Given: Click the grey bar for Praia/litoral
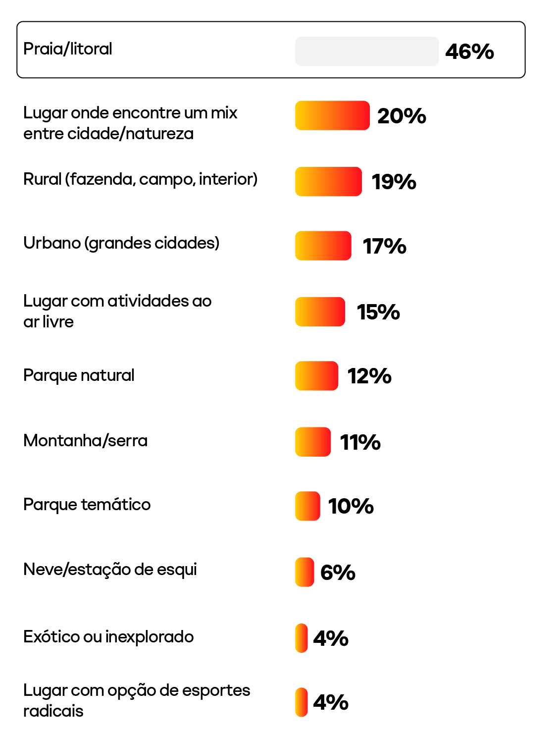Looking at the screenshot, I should [x=367, y=51].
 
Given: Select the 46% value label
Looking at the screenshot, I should [x=469, y=52].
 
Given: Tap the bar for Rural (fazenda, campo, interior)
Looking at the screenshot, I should [x=328, y=181].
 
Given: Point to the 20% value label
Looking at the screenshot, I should [x=402, y=116].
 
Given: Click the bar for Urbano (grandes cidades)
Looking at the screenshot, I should [x=323, y=246].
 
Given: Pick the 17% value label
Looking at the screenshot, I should [x=384, y=246].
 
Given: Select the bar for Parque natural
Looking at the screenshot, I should [x=316, y=376].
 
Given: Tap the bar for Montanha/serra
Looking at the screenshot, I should [x=312, y=442].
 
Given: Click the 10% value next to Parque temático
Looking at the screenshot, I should [x=351, y=506].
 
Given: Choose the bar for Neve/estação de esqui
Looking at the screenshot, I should [x=304, y=572].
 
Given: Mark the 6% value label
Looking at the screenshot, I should [x=338, y=573].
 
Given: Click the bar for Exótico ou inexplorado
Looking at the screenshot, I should [x=301, y=638].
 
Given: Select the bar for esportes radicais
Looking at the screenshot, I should [x=301, y=702].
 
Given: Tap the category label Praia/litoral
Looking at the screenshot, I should [x=68, y=49].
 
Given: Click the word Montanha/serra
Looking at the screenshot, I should [x=85, y=441].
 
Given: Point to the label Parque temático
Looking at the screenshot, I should [x=87, y=505].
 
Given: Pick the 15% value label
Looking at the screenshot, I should [x=378, y=312].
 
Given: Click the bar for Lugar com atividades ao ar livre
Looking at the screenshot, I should [x=320, y=312].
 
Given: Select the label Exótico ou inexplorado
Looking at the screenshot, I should [x=108, y=637].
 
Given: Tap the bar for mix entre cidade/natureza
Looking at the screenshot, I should [x=332, y=115].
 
